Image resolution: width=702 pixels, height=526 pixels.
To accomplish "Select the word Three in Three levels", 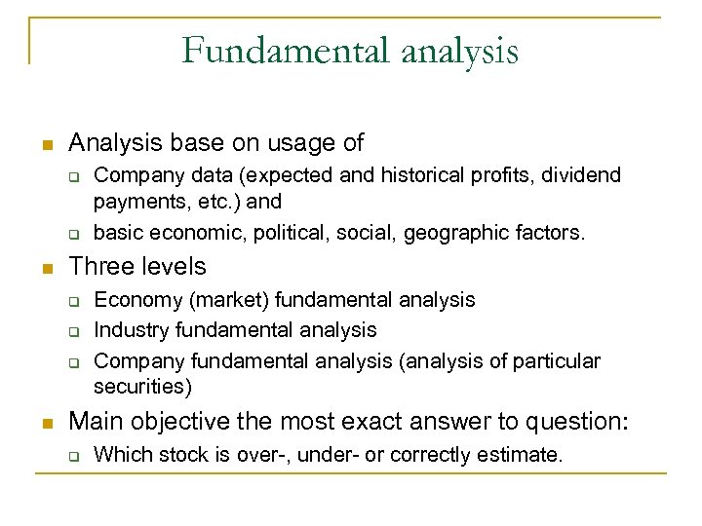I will [99, 267].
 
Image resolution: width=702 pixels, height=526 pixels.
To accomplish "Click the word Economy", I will [135, 300].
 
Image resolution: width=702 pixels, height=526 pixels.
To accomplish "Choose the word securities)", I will [143, 387].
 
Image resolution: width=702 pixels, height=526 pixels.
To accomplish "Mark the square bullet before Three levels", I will [45, 268].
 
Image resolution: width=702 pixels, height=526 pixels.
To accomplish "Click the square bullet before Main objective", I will [45, 423].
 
